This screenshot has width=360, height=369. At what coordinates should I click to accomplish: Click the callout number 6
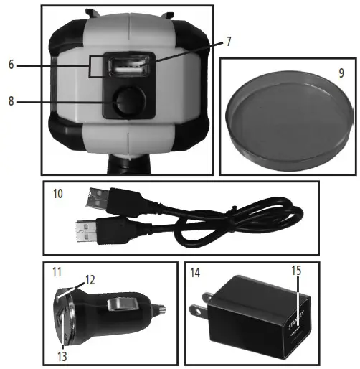tap(11, 65)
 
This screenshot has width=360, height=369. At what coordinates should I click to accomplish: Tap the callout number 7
tap(229, 42)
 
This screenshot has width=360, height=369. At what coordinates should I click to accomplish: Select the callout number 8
tap(11, 101)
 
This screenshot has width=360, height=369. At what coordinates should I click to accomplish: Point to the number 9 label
tap(341, 73)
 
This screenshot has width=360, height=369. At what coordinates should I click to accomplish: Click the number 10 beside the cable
tap(58, 194)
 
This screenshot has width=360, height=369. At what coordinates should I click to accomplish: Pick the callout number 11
tap(57, 272)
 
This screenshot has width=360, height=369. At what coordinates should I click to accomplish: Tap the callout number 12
tap(90, 280)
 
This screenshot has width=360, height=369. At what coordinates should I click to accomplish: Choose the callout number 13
tap(62, 357)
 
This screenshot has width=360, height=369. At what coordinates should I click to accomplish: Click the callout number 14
tap(195, 273)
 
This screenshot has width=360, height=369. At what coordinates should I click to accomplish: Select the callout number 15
tap(296, 271)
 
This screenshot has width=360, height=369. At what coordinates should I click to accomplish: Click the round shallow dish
tap(290, 121)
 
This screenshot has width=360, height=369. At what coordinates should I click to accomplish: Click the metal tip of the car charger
tap(160, 309)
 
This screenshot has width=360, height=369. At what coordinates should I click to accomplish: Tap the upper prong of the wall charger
tap(207, 298)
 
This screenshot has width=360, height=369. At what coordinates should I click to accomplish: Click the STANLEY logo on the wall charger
tap(296, 320)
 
